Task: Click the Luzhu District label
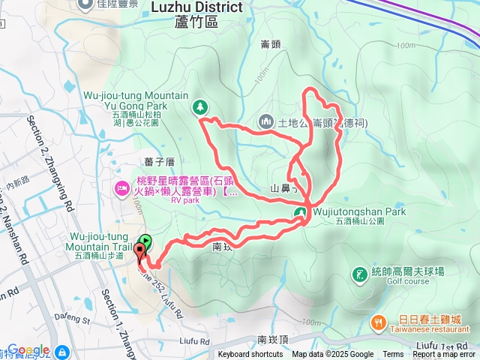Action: click(x=197, y=7)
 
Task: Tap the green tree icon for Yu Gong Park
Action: click(x=200, y=107)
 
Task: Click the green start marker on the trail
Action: click(x=145, y=242)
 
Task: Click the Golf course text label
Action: click(x=408, y=282)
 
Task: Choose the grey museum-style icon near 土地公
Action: click(x=266, y=121)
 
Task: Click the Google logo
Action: click(x=28, y=349)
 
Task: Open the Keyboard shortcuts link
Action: click(x=250, y=355)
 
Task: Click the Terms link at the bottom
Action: click(x=393, y=355)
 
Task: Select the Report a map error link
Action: click(x=444, y=355)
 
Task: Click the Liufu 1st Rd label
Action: click(x=445, y=343)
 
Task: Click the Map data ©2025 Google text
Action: click(x=332, y=355)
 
